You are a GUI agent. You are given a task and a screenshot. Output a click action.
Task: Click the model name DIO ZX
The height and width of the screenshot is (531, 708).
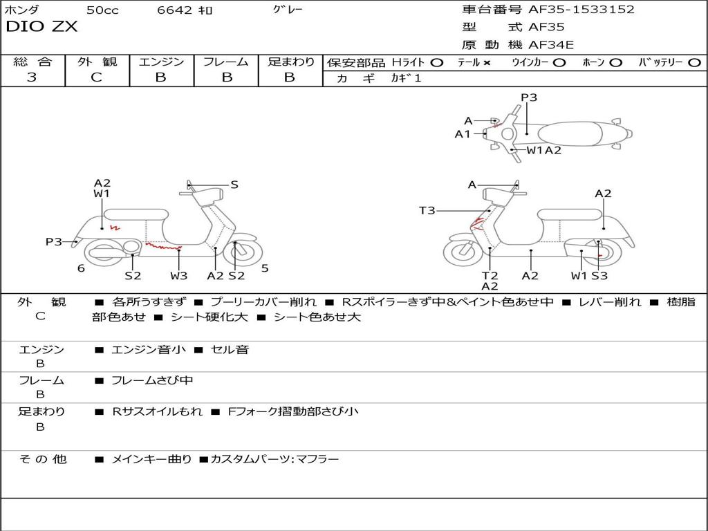click(42, 27)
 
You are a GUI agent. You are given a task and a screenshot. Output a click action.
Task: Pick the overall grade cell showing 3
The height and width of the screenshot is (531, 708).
click(32, 77)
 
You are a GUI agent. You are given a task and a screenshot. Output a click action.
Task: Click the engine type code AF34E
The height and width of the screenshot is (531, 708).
click(551, 46)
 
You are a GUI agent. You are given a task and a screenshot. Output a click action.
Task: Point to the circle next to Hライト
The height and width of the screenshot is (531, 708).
click(436, 63)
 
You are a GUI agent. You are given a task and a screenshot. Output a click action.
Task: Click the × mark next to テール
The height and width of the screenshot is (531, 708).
click(487, 63)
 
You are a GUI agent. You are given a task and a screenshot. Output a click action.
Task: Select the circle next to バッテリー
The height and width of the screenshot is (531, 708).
click(694, 63)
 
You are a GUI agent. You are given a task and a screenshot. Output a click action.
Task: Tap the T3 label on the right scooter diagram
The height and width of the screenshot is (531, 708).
click(427, 210)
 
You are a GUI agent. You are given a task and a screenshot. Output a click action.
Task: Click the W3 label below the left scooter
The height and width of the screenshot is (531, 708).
click(178, 276)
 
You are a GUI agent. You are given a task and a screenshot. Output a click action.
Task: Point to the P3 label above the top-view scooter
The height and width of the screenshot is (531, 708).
click(529, 97)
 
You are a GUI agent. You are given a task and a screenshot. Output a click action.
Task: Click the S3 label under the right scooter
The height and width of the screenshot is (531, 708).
click(599, 276)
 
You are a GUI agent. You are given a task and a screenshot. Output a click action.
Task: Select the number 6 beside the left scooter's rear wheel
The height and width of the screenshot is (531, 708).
click(81, 268)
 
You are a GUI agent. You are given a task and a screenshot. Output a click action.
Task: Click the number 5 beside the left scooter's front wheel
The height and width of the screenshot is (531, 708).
click(265, 268)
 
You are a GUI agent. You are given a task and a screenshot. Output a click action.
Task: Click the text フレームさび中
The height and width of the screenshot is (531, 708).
click(152, 380)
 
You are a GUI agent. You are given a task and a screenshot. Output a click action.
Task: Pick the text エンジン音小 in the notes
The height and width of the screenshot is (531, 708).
click(149, 350)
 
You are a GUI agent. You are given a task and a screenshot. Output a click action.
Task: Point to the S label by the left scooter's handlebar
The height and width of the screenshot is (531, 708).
click(234, 185)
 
